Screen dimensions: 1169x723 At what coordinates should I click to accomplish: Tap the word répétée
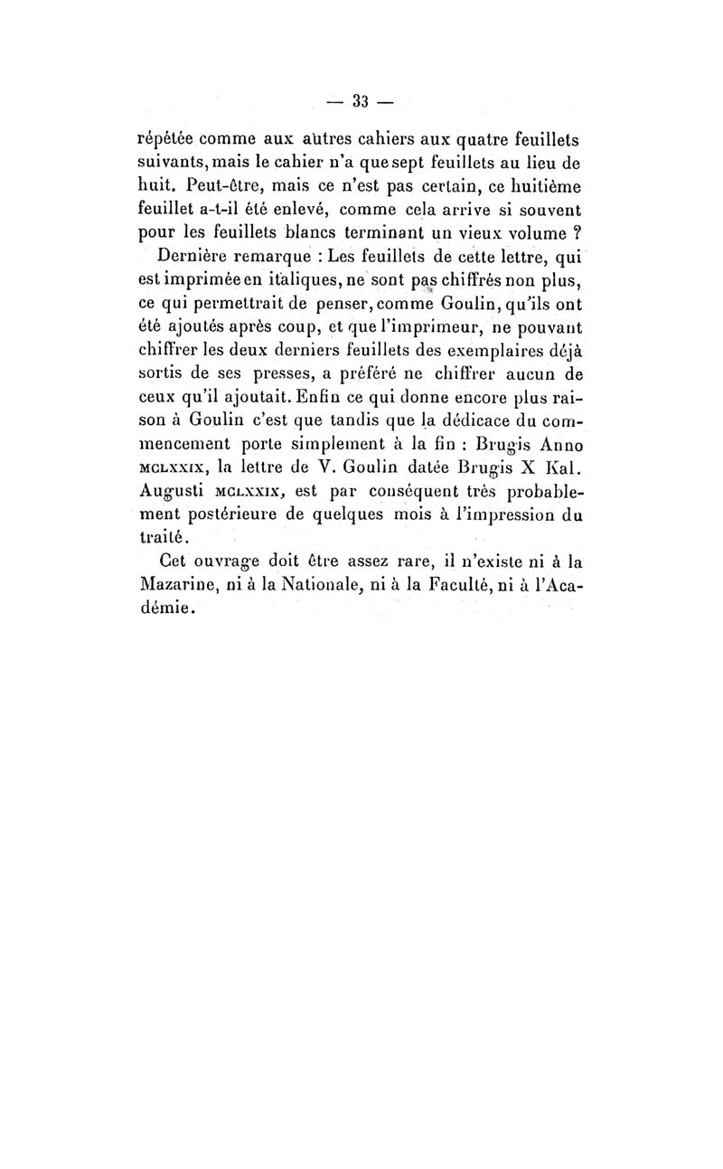point(164,140)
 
